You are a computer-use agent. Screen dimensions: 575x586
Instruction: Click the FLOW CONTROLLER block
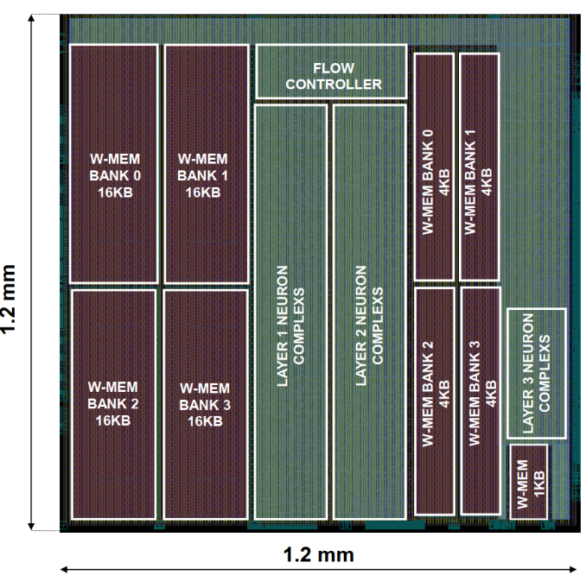coord(331,72)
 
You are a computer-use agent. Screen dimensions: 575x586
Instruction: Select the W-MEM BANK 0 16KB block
coord(114,164)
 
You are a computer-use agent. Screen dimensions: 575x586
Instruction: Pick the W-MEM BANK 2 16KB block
coord(114,404)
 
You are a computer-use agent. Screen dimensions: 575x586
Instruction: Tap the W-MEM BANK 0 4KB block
coord(435,166)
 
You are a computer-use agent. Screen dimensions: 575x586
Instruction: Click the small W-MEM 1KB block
coord(529,481)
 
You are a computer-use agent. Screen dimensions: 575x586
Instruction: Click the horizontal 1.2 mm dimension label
coord(318,554)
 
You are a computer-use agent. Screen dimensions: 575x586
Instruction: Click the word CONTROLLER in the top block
coord(334,84)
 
